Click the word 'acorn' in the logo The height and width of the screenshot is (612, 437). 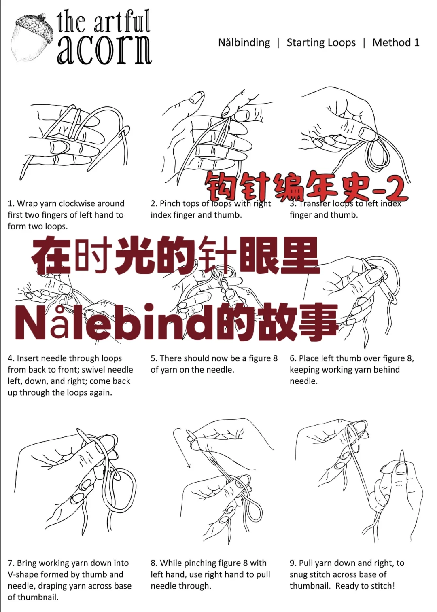104,50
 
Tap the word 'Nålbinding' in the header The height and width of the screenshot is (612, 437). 244,42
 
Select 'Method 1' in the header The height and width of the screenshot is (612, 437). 396,42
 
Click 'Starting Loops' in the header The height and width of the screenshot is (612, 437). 321,42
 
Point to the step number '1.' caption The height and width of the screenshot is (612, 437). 11,203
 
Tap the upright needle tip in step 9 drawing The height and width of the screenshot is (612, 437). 402,455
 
